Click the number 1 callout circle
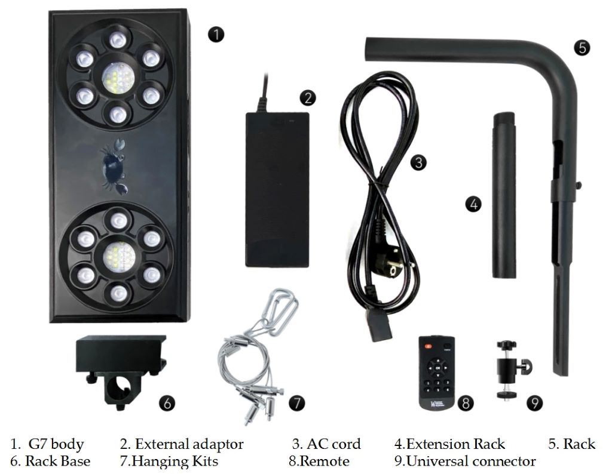217,34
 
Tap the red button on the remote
427,346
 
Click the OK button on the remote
437,368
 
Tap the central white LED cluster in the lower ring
117,257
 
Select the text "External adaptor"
189,444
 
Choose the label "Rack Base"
57,461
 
